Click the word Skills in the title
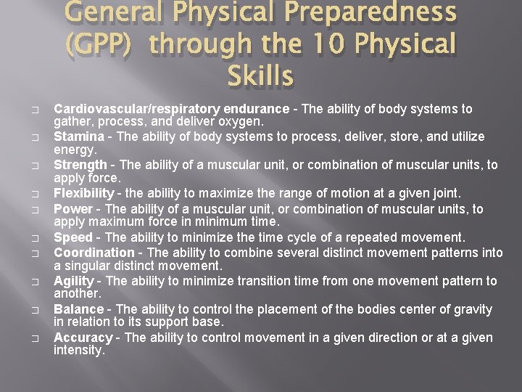[260, 75]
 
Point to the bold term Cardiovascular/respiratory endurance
[172, 109]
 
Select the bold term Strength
[80, 165]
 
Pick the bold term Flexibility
[83, 193]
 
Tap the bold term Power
[73, 209]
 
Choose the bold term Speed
[73, 237]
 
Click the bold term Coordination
[94, 253]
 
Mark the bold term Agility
[74, 281]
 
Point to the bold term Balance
[78, 309]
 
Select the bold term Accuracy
[83, 338]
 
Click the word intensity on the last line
[79, 350]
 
